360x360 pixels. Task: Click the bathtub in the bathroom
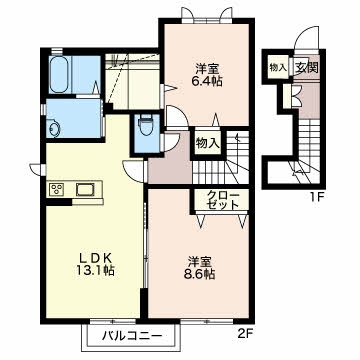point(60,74)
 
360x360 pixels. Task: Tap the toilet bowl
point(145,125)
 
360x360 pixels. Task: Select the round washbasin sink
point(53,129)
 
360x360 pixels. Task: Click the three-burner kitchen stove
point(58,190)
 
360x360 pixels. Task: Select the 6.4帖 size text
point(207,81)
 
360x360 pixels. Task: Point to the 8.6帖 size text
point(199,273)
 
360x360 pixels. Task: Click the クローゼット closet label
point(221,200)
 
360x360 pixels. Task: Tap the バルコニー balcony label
point(132,335)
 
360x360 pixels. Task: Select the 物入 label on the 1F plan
point(278,67)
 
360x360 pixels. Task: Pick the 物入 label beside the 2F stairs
point(207,143)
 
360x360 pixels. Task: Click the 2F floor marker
point(246,333)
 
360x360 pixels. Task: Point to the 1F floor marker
point(318,197)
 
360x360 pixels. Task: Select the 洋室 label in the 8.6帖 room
point(199,261)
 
